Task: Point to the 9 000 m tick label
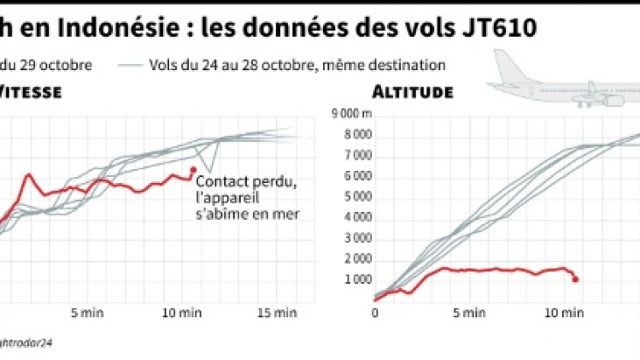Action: [x=345, y=115]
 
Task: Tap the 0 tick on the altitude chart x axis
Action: [x=374, y=313]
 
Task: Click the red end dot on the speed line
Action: [x=193, y=169]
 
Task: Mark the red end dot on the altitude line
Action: [x=575, y=279]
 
